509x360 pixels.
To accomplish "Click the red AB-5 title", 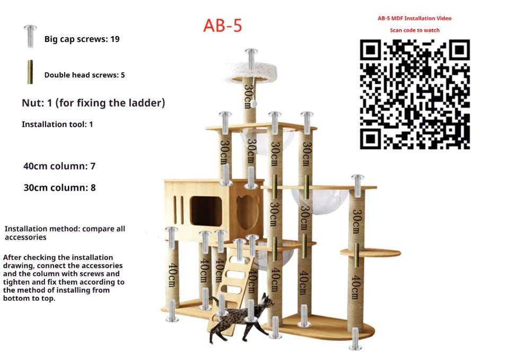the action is click(x=223, y=25).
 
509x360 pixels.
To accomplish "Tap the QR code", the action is click(x=415, y=94).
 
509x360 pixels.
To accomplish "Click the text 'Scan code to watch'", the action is click(x=415, y=30).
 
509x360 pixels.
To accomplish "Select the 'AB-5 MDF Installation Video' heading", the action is click(x=415, y=18).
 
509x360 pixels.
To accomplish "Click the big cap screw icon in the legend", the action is click(x=30, y=37).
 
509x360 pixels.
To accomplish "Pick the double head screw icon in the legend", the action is click(x=30, y=72).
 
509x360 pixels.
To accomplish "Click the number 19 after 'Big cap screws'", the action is click(x=115, y=39).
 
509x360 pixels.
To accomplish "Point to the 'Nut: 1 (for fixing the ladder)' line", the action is click(x=93, y=103).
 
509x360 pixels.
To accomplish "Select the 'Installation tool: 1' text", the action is click(x=57, y=124).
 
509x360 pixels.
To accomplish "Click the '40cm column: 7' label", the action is click(x=59, y=166).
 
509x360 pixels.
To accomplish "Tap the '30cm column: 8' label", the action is click(x=60, y=188).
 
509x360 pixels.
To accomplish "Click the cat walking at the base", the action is click(x=241, y=318).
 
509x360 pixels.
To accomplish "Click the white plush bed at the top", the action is click(x=251, y=73).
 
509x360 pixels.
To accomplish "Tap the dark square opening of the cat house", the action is click(x=206, y=211).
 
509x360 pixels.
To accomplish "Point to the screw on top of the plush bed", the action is click(x=251, y=59).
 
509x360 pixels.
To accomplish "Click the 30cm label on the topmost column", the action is click(x=249, y=96).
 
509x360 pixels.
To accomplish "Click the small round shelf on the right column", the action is click(x=371, y=252).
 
